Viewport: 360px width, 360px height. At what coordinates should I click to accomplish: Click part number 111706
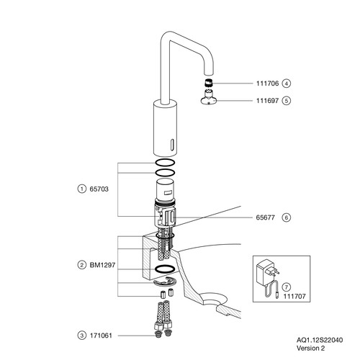tap(267, 84)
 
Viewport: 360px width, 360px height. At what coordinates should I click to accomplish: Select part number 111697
tap(267, 101)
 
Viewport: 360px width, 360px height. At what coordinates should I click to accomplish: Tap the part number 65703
tap(99, 189)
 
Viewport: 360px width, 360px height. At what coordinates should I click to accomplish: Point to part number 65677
tap(266, 217)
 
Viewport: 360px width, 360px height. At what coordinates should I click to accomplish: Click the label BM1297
tap(102, 265)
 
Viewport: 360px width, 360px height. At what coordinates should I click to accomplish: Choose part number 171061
tap(101, 336)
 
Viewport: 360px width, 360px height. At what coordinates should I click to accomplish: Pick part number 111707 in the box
tap(294, 297)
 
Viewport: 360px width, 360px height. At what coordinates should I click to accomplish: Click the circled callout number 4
tap(287, 84)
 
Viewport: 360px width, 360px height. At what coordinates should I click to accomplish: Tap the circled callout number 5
tap(287, 101)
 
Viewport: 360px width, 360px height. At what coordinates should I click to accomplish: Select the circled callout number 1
tap(82, 189)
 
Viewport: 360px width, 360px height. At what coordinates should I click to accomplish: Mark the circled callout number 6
tap(287, 217)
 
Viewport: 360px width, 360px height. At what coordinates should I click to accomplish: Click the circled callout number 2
tap(82, 265)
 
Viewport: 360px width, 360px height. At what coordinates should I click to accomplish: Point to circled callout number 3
tap(82, 336)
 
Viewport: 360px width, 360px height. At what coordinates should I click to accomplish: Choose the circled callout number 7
tap(287, 287)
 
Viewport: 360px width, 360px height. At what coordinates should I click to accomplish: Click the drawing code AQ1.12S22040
tap(320, 340)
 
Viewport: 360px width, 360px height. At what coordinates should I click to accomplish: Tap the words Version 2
tap(310, 348)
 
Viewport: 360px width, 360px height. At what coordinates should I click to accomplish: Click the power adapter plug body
tap(264, 273)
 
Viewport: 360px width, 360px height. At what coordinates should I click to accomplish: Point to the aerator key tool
tap(209, 97)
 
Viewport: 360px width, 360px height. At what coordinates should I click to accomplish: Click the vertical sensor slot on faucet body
tap(172, 145)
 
